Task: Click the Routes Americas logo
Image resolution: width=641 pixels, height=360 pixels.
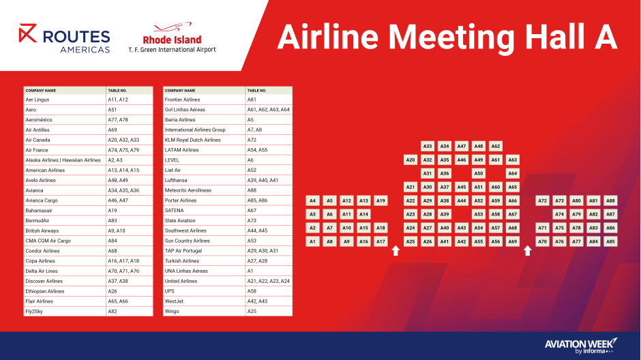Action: (x=64, y=38)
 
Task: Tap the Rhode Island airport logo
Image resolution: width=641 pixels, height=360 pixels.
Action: (x=172, y=37)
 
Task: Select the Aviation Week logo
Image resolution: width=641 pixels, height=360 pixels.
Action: (x=581, y=346)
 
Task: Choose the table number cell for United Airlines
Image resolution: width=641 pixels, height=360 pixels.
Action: (x=268, y=281)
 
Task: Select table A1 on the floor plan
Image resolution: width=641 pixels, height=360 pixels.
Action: (x=313, y=241)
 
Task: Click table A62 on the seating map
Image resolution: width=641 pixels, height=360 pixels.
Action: (x=496, y=147)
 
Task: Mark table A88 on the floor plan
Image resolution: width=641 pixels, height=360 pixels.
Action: (x=610, y=200)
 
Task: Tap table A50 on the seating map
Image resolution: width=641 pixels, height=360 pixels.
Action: (x=478, y=173)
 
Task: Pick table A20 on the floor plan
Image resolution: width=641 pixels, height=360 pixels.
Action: (x=411, y=160)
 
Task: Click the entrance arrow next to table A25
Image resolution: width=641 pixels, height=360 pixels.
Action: (x=396, y=250)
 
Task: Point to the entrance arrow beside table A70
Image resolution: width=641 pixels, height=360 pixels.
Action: (x=527, y=250)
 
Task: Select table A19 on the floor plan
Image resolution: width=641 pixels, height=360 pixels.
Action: (x=381, y=200)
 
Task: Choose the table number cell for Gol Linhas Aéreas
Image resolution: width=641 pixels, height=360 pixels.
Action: (x=268, y=110)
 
